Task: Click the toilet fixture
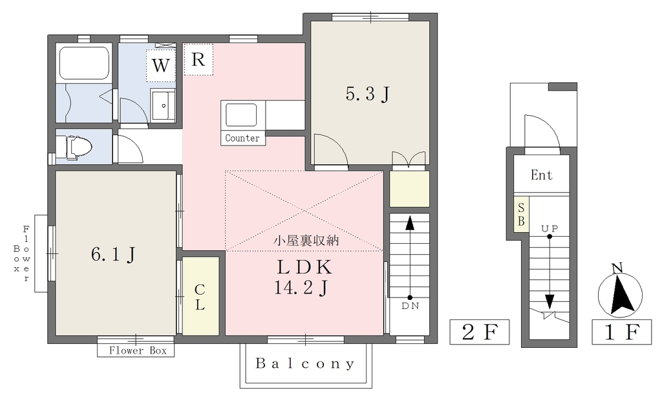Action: [74, 147]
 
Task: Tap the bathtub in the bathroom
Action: [83, 63]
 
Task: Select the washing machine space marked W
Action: [160, 65]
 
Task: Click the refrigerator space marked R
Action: [198, 59]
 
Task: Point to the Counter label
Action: [242, 138]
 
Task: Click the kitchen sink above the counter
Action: [241, 115]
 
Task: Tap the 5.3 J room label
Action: [367, 94]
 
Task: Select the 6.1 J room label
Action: [113, 254]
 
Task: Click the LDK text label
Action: [304, 267]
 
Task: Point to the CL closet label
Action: [200, 297]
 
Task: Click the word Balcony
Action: [305, 363]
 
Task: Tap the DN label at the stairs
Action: [410, 306]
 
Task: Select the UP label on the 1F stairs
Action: [550, 228]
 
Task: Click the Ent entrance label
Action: [542, 175]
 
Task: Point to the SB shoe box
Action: [521, 214]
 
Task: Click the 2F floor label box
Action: [479, 332]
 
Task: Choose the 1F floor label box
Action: [621, 332]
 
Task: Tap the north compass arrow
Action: [621, 294]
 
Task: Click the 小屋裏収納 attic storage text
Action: [306, 241]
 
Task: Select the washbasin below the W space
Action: [162, 105]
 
